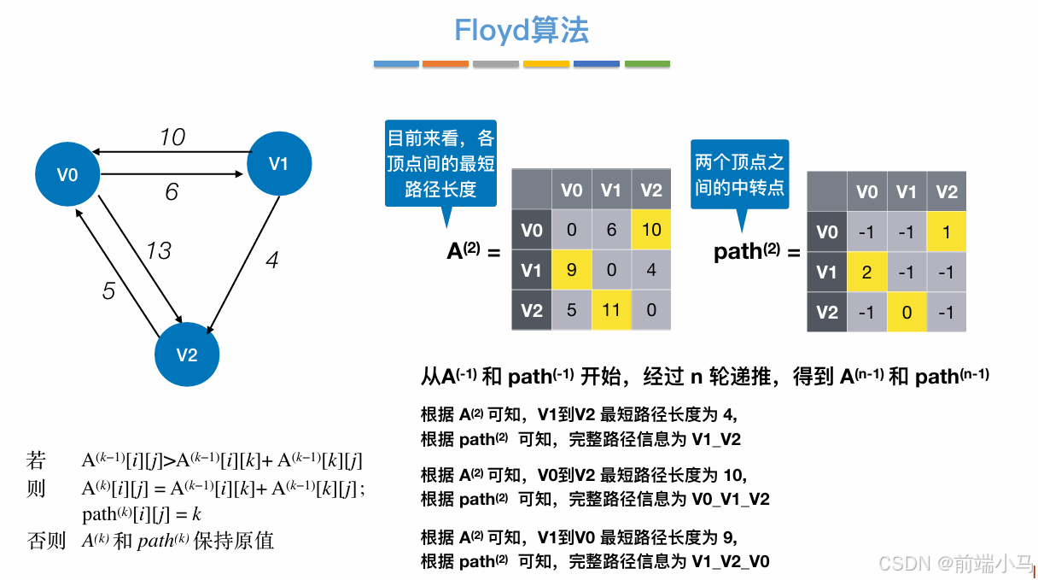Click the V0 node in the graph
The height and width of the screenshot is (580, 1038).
67,175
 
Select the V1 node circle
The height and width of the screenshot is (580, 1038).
279,164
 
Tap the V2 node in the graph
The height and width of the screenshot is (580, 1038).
187,354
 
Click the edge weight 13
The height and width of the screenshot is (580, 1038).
158,250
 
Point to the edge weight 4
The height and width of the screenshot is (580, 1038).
271,261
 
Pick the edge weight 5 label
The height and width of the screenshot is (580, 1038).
108,291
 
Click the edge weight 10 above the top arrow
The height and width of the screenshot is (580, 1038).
172,138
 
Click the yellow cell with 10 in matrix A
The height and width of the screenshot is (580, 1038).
651,231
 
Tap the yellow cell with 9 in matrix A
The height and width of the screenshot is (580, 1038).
572,271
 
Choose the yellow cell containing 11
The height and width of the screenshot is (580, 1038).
611,310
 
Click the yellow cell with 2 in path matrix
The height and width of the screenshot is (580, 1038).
866,272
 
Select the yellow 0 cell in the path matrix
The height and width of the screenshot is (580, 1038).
907,312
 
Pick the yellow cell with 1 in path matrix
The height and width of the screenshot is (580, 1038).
947,232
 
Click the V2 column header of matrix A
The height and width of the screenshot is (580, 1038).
651,190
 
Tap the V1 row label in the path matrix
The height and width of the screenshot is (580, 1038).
826,272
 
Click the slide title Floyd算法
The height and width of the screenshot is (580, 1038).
522,31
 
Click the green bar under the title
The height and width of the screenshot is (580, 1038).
648,64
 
